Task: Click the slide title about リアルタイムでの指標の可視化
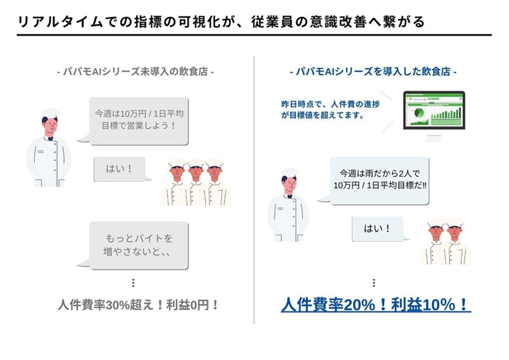[x=221, y=22]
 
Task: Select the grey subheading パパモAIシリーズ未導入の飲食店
[x=135, y=72]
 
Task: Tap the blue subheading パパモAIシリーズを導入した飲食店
[x=373, y=72]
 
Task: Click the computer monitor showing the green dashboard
[x=434, y=110]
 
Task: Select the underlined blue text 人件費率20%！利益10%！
[x=376, y=305]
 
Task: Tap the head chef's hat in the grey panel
[x=50, y=113]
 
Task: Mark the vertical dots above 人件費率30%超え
[x=133, y=283]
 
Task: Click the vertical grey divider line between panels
[x=254, y=190]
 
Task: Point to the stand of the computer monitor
[x=434, y=138]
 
